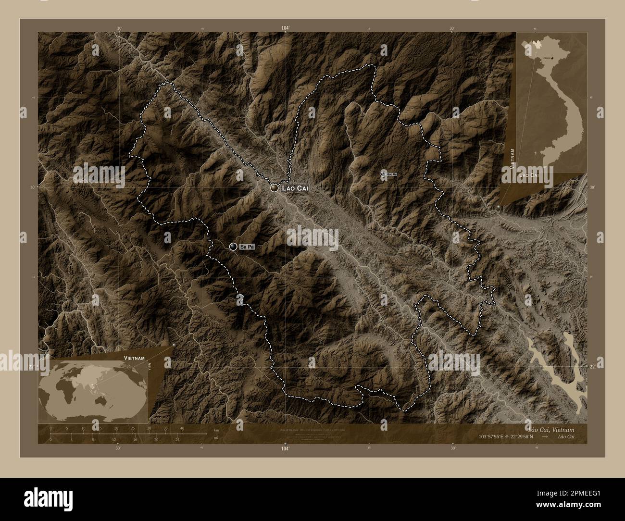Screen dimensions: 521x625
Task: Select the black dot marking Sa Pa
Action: [x=234, y=247]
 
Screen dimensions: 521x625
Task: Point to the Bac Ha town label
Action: [x=391, y=174]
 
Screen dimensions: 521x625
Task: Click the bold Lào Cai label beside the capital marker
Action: [x=294, y=188]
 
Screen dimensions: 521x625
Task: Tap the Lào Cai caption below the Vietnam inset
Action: [x=528, y=176]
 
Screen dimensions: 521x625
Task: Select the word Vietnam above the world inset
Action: [x=133, y=359]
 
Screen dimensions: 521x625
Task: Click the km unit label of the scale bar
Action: [x=216, y=430]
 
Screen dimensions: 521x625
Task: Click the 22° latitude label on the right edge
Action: [x=592, y=367]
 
